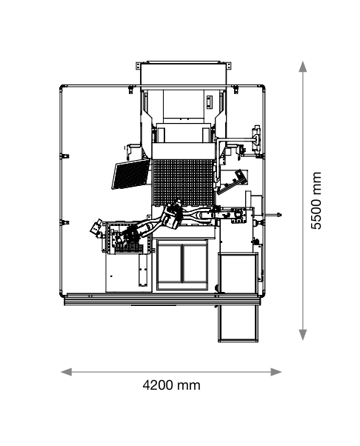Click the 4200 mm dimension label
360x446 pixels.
(171, 385)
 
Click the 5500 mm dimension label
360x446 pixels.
(316, 201)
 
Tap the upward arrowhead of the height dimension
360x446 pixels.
(303, 66)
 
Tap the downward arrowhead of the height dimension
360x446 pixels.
(303, 335)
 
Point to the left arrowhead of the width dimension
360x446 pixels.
(66, 372)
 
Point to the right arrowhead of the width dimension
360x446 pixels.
(276, 372)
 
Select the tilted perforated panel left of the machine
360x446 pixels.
(131, 174)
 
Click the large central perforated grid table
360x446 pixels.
(183, 182)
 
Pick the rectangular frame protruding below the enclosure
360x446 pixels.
(239, 323)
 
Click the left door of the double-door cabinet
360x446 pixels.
(170, 264)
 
